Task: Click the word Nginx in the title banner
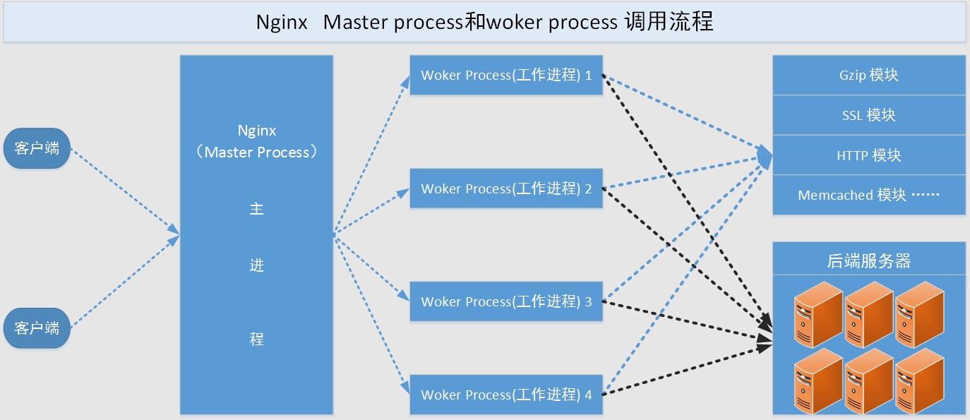coord(282,23)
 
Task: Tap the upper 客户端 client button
coord(37,148)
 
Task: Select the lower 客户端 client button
coord(37,328)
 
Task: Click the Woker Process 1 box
coord(505,76)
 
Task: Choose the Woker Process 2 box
coord(505,188)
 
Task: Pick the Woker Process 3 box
coord(505,301)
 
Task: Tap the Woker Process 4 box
coord(505,395)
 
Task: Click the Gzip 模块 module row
coord(869,76)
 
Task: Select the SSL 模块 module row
coord(869,115)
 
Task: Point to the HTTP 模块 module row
coord(869,155)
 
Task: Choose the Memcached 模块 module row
coord(869,195)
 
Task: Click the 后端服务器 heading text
coord(869,261)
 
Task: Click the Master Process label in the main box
coord(257,152)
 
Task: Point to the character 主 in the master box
coord(256,210)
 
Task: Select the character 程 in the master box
coord(256,340)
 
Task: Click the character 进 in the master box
coord(256,265)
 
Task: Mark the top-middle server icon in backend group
coord(868,313)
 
